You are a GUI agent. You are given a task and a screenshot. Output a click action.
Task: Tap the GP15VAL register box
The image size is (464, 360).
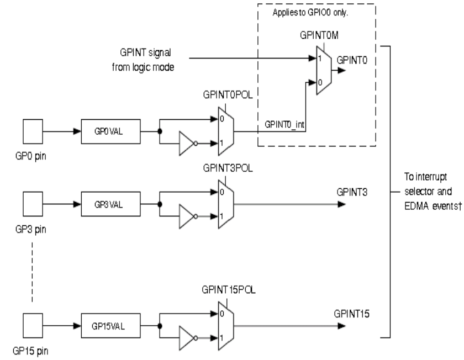[x=111, y=325]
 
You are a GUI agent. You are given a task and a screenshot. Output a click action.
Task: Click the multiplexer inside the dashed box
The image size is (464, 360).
[x=323, y=70]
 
